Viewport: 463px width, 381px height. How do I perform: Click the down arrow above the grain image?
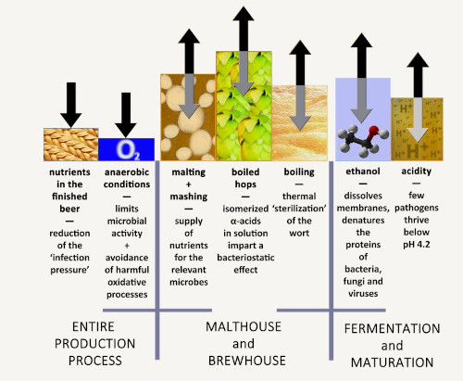tap(71, 105)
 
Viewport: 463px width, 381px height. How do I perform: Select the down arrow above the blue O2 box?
tap(126, 115)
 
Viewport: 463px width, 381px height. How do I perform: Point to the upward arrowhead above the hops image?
tap(244, 14)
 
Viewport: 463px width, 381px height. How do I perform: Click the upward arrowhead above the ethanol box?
tap(361, 41)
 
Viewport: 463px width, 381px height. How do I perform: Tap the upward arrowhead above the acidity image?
tap(418, 60)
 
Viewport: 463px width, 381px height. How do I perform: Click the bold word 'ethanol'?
tap(363, 171)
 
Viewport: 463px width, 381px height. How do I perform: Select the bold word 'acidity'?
tap(416, 171)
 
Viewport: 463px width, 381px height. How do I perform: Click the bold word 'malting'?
tap(188, 172)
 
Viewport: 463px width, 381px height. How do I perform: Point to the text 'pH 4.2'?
tap(416, 245)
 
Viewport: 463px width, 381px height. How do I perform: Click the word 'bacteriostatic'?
tap(245, 258)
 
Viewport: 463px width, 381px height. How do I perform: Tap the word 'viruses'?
tap(363, 293)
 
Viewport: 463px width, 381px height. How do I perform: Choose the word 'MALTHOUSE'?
tap(244, 326)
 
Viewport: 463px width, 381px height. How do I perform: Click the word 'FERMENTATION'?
tap(392, 328)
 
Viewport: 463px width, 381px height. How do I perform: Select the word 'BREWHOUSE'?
tap(247, 361)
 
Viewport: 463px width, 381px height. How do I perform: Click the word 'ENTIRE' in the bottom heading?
tap(94, 326)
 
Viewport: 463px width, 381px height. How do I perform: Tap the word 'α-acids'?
tap(245, 221)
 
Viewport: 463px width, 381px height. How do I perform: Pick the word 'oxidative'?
tap(127, 282)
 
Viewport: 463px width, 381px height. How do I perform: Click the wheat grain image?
tap(71, 145)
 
